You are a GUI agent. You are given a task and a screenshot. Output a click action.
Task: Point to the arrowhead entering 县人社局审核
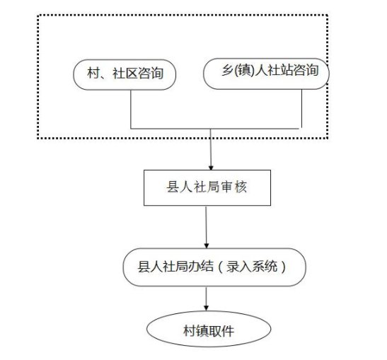coord(211,168)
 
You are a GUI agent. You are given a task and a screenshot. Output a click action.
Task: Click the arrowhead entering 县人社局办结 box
coord(207,246)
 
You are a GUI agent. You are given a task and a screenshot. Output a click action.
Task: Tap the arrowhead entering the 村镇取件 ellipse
coord(207,308)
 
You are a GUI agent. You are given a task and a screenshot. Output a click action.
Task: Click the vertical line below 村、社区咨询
coord(131,110)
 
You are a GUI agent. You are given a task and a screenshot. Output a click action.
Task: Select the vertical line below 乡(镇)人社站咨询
coord(301,109)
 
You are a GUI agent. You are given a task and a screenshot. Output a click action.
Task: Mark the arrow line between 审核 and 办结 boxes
coord(207,227)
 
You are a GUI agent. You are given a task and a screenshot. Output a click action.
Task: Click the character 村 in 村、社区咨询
coord(93,74)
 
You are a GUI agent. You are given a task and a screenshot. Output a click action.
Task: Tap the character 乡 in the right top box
coord(227,70)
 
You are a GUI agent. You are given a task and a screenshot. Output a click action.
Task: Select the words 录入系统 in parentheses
coord(252,267)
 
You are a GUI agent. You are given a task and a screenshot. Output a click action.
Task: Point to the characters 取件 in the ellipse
coord(221,331)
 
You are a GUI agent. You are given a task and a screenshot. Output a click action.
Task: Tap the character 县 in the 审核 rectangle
coord(173,187)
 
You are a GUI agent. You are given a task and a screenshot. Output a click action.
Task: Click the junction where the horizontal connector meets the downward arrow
coord(211,129)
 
